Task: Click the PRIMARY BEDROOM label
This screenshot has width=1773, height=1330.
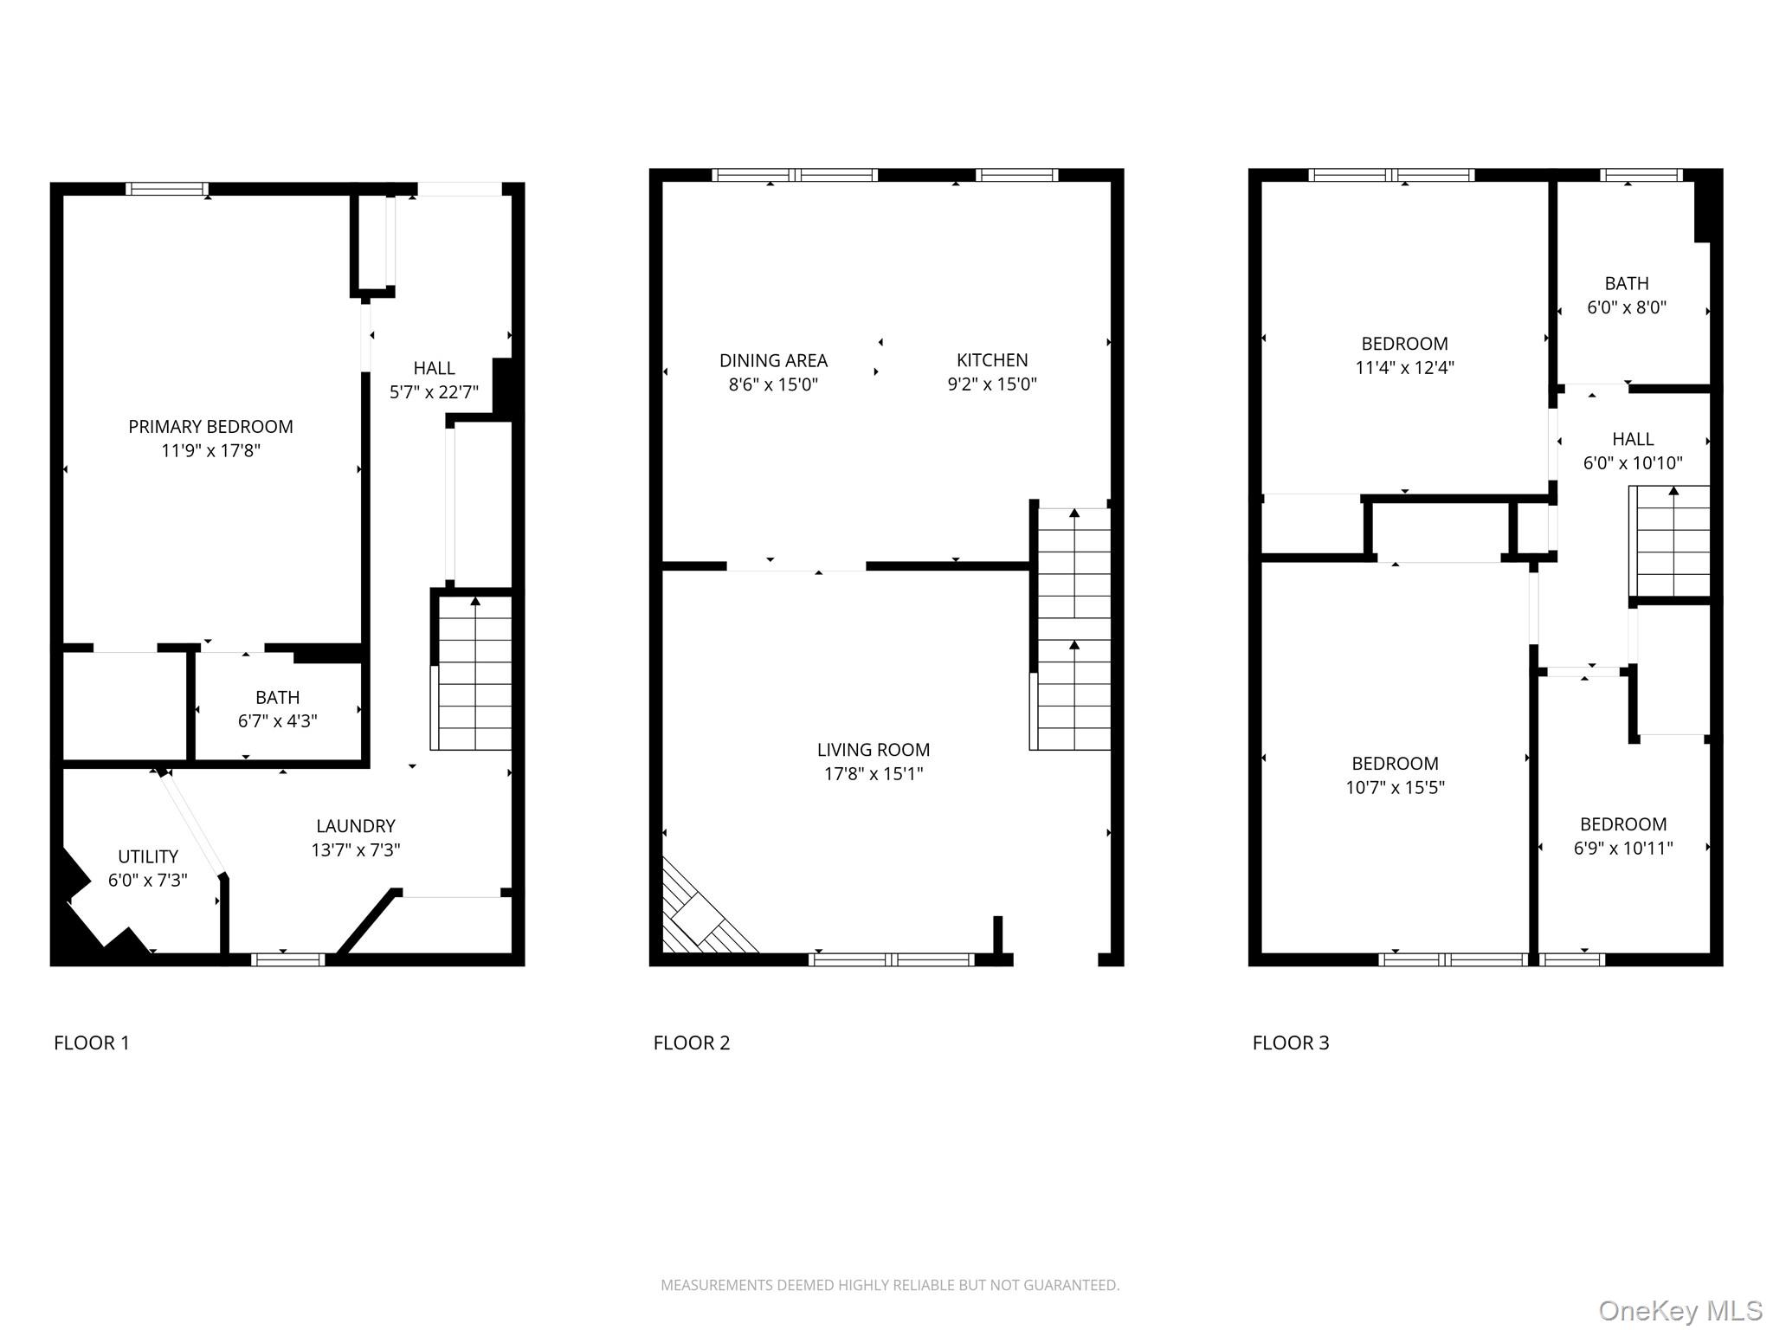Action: tap(210, 427)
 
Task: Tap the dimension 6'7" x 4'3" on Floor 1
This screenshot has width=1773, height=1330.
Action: tap(277, 720)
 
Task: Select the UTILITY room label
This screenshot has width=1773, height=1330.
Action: tap(148, 856)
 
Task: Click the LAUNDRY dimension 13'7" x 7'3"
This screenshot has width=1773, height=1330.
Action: tap(355, 849)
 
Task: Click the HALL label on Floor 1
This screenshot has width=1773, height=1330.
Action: tap(434, 368)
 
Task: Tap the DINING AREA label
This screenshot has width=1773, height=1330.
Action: tap(773, 360)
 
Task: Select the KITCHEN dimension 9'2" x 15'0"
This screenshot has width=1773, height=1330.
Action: tap(991, 384)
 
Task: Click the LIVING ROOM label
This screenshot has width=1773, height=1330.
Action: tap(873, 750)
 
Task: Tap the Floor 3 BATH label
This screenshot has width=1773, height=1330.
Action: tap(1626, 283)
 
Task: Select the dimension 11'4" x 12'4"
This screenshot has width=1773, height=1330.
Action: tap(1404, 367)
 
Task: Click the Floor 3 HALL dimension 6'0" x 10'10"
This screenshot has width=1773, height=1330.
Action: tap(1632, 462)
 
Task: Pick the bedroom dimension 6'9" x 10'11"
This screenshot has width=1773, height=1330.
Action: tap(1622, 848)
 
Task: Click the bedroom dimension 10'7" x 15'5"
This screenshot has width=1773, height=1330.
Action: tap(1395, 787)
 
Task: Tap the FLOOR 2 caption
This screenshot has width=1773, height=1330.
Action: tap(691, 1043)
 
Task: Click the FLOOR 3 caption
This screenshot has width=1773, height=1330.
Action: tap(1290, 1043)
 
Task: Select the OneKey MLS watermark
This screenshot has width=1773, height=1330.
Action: tap(1680, 1311)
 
